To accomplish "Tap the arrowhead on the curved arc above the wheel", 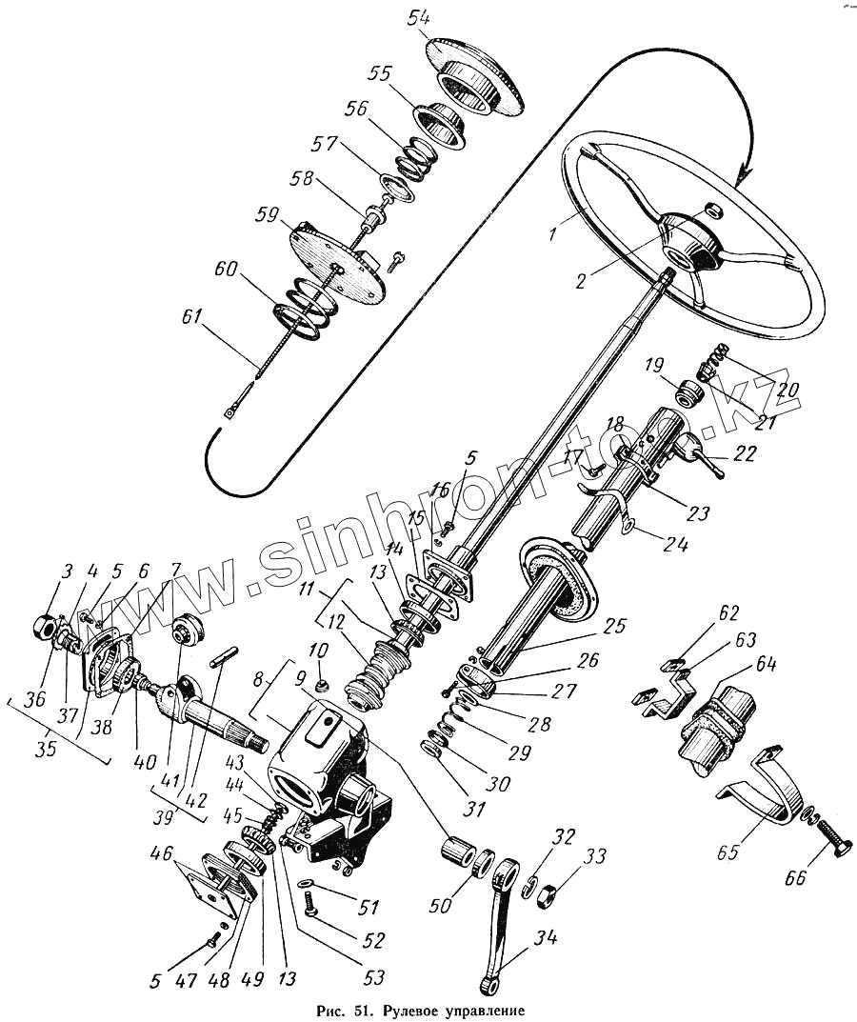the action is point(746,174).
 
